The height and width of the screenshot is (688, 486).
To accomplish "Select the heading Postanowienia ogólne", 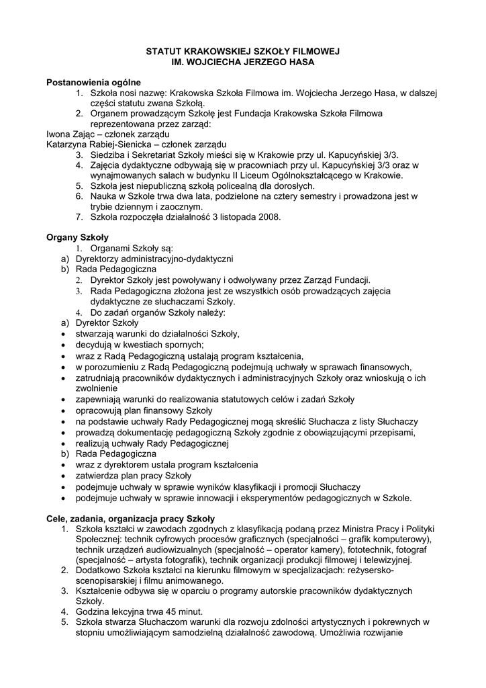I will [x=93, y=82].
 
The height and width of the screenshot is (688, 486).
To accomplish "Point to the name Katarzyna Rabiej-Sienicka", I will [x=95, y=144].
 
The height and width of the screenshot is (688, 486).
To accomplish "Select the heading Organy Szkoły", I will [x=77, y=237].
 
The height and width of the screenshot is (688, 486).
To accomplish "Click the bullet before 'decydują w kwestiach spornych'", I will [x=62, y=345].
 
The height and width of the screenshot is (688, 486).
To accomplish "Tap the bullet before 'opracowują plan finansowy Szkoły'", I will [x=62, y=411].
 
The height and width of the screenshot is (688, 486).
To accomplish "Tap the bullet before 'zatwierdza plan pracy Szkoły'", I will [x=62, y=476].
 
